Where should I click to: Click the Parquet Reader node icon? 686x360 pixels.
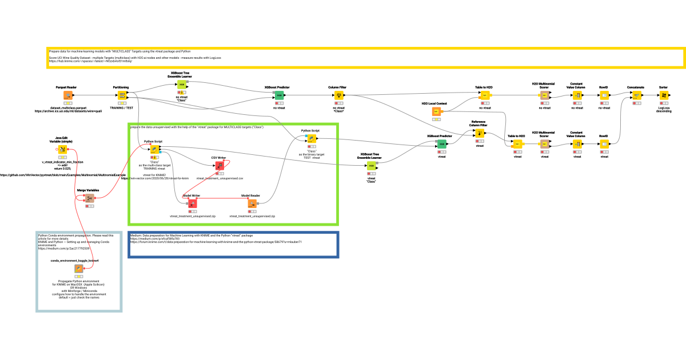67,95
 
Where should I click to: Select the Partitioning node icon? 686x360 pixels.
121,95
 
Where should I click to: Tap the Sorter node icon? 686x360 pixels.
664,95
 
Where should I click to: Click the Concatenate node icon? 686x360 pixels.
636,95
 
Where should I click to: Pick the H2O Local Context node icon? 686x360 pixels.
436,111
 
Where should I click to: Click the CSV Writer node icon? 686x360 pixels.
219,165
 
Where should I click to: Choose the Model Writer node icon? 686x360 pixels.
192,203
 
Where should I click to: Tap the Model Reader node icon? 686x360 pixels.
252,203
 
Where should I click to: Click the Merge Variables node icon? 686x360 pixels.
89,198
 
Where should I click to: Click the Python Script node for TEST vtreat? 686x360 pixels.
310,138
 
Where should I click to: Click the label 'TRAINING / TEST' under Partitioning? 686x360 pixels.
121,107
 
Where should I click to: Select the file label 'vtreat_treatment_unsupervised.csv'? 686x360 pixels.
220,178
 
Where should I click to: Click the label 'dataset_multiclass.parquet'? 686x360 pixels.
67,107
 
